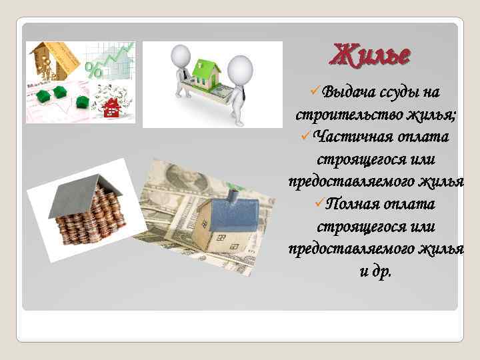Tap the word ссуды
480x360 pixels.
(401, 91)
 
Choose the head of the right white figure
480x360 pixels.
(239, 67)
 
